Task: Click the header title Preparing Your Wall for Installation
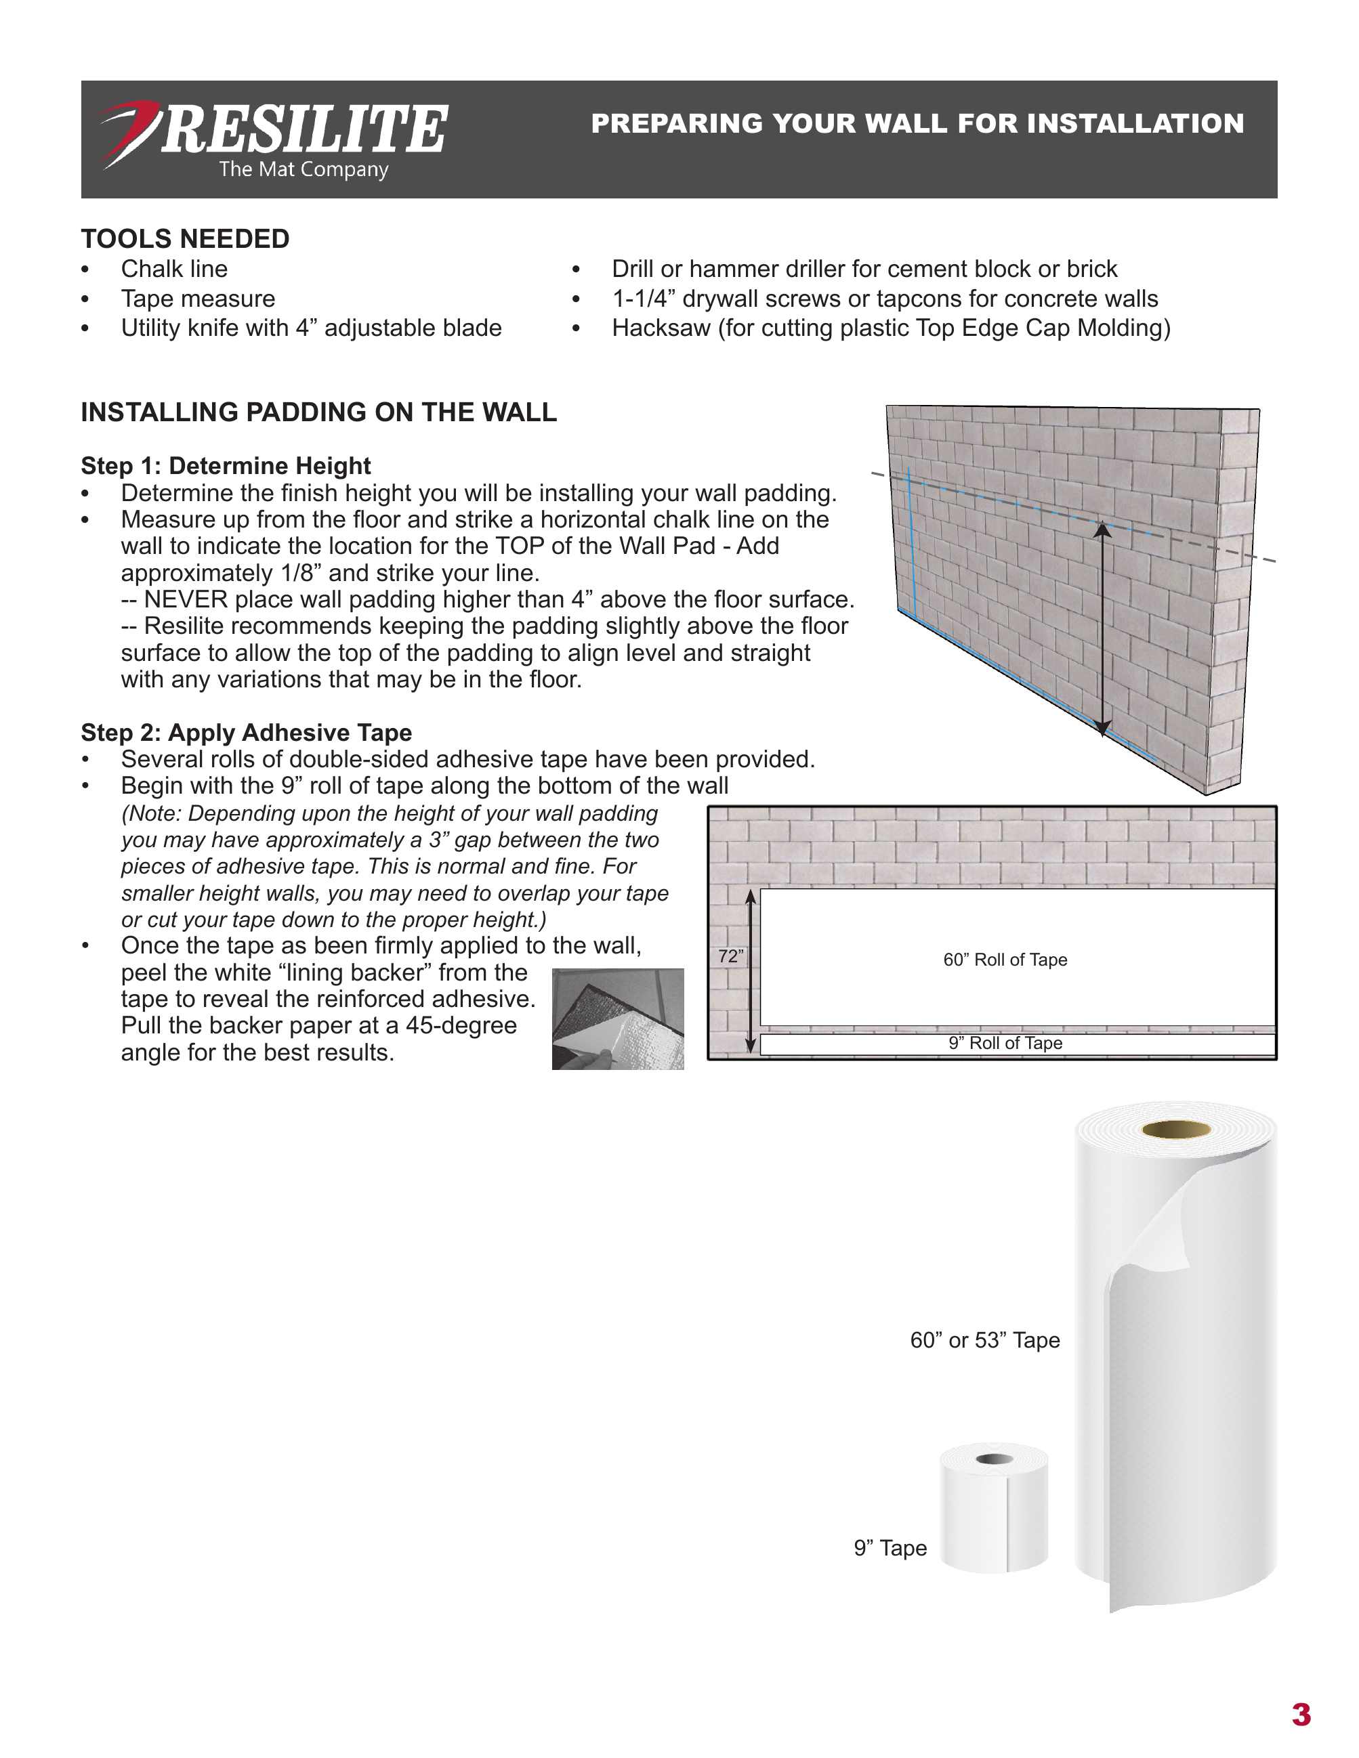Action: click(917, 123)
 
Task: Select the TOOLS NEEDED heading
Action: click(185, 238)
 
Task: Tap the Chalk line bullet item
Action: click(174, 269)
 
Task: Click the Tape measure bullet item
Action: click(198, 299)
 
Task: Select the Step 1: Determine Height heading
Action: click(226, 465)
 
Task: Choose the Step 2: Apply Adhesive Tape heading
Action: click(245, 733)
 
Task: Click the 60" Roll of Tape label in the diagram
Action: click(1005, 960)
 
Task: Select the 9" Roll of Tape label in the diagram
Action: click(1005, 1043)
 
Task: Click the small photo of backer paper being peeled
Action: click(617, 1019)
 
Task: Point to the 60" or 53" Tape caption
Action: click(984, 1340)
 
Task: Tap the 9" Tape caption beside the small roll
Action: click(890, 1548)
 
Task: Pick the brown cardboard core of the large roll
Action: click(1175, 1130)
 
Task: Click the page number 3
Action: click(1300, 1715)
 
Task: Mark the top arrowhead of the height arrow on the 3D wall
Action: click(1102, 528)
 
